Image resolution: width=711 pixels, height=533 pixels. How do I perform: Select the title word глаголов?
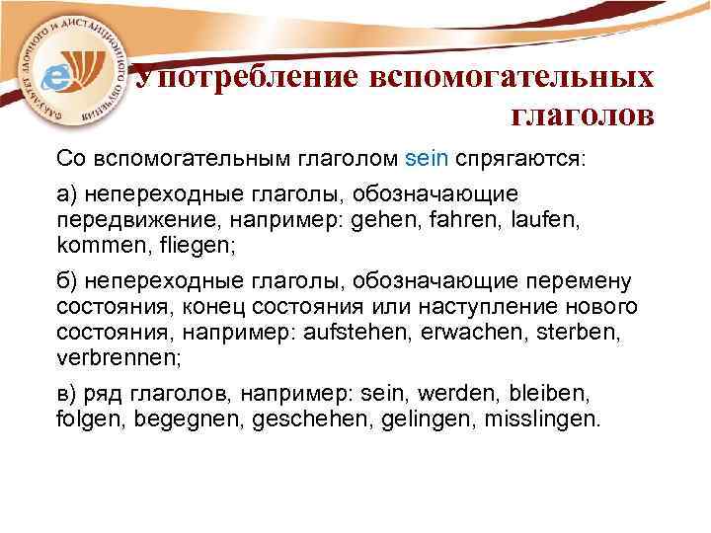click(582, 116)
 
